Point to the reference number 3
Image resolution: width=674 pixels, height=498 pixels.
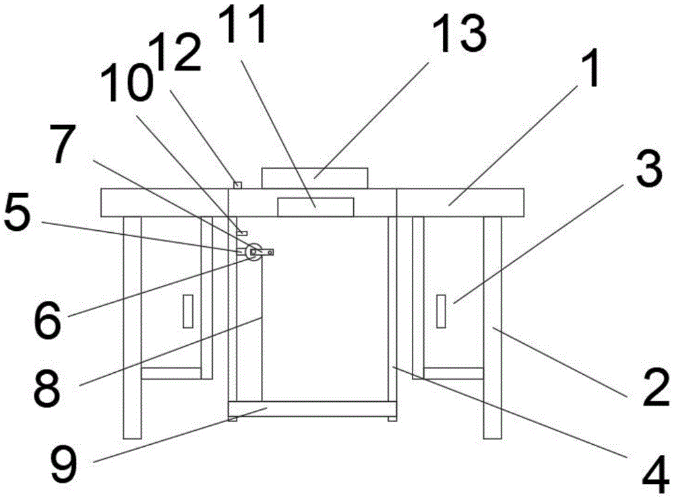coord(647,177)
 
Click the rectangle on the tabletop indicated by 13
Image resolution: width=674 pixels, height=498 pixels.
coord(315,178)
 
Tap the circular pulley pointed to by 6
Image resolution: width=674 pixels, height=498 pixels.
coord(254,253)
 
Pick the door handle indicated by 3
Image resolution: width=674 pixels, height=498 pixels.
coord(441,311)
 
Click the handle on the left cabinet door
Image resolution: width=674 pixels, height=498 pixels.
coord(189,311)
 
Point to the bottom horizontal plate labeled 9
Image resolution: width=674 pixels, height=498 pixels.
coord(312,408)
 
